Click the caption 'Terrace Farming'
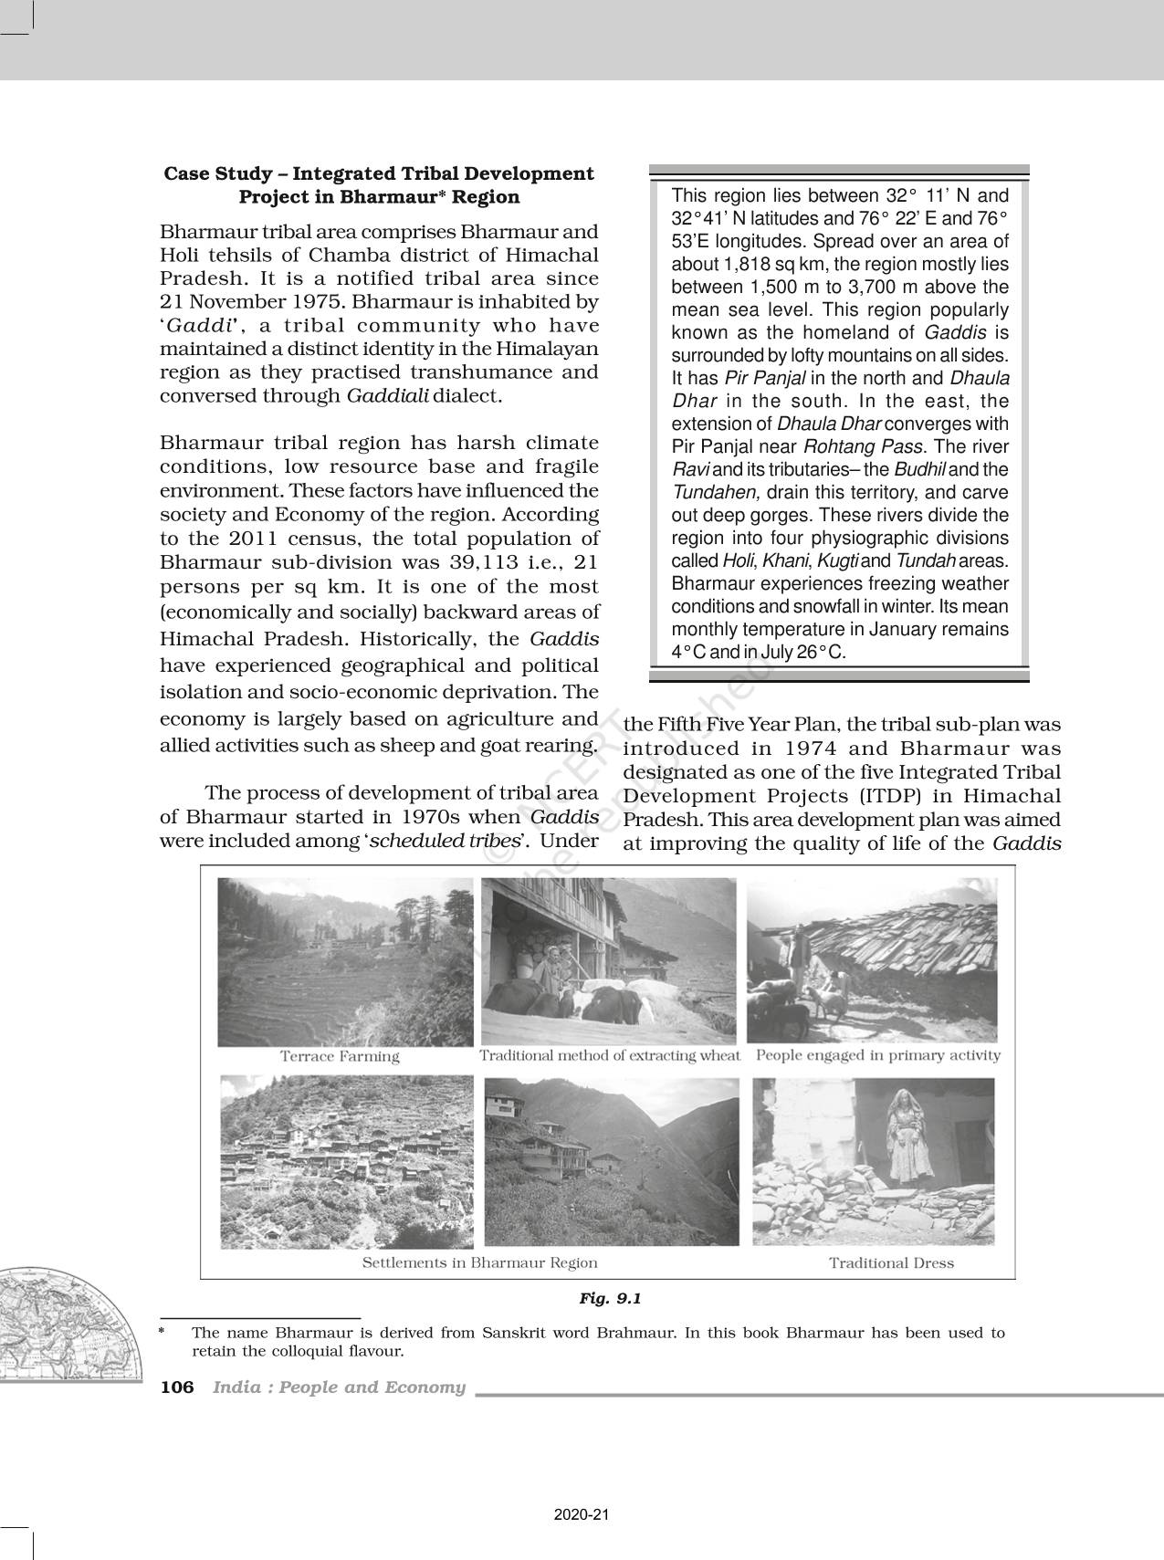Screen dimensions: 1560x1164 coord(340,1056)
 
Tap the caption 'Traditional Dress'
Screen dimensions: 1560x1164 coord(891,1263)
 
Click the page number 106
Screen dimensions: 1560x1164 coord(177,1387)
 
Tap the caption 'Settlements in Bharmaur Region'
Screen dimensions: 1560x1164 coord(479,1263)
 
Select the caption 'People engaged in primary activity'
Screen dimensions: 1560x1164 coord(878,1055)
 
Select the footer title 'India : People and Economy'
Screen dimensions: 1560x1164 coord(339,1387)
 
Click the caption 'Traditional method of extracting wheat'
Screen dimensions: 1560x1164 coord(610,1055)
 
